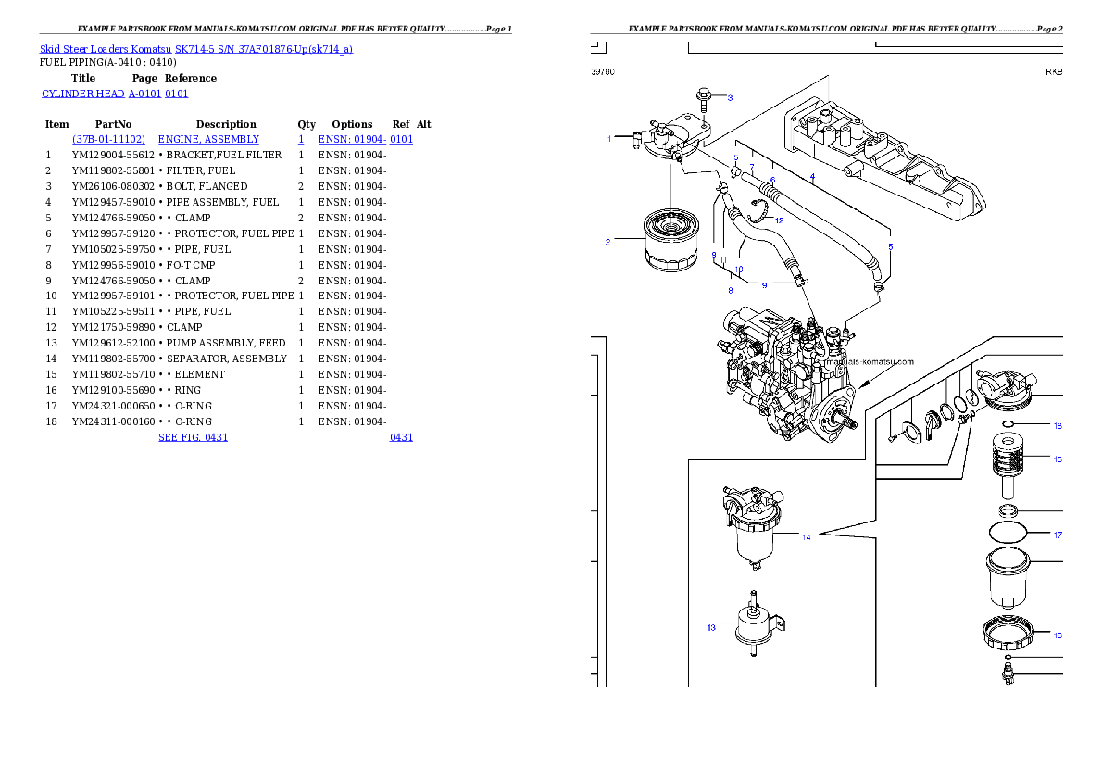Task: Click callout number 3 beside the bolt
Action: coord(729,97)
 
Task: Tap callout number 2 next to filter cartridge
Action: coord(607,242)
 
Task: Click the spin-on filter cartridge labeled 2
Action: coord(666,242)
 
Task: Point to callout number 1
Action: coord(609,139)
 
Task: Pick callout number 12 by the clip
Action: coord(779,220)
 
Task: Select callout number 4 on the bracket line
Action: coord(812,176)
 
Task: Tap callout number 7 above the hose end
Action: coord(752,165)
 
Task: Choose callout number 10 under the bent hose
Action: coord(738,270)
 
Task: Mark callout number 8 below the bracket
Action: coord(730,291)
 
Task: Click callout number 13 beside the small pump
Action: coord(711,627)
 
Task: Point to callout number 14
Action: coord(807,537)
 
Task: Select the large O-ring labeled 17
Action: coord(1008,533)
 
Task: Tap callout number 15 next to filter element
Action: coord(1058,458)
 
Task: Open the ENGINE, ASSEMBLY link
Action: coord(208,139)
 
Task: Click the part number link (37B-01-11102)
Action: coord(108,139)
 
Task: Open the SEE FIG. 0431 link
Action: coord(193,436)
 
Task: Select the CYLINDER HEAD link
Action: coord(115,94)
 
